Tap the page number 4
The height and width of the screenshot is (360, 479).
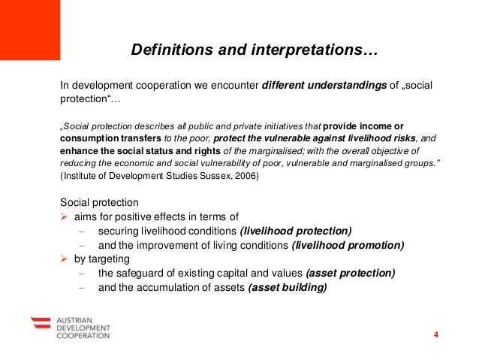435,334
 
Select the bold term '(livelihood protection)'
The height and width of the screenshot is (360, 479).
295,231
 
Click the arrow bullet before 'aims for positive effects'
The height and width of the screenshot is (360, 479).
64,216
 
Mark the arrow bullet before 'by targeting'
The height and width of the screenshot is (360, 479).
64,259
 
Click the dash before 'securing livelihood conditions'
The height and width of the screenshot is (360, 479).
83,231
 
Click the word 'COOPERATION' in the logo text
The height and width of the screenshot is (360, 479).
83,335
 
